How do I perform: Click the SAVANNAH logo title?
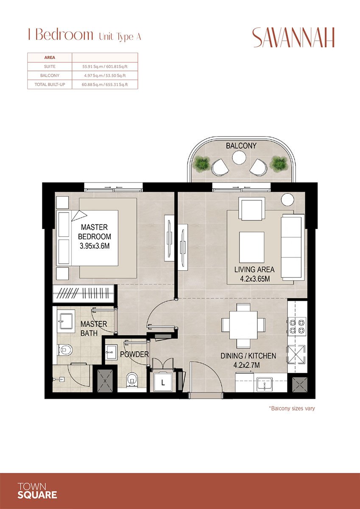click(x=293, y=38)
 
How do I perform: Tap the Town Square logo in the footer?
click(x=37, y=491)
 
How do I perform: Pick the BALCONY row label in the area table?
click(x=50, y=76)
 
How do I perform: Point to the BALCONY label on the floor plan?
click(x=241, y=145)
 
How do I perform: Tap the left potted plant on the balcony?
click(x=201, y=163)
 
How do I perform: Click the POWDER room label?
click(x=134, y=354)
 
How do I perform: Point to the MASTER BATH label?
click(x=94, y=329)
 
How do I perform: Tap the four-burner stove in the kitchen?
click(x=296, y=325)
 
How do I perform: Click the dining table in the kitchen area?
click(x=243, y=324)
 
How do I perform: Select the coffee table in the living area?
click(x=251, y=247)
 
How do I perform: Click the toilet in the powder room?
click(x=132, y=378)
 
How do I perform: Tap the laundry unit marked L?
click(x=163, y=383)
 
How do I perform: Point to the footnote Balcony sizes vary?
click(x=292, y=408)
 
